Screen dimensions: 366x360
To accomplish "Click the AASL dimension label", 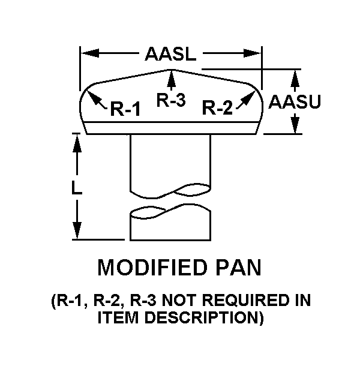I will tap(170, 55).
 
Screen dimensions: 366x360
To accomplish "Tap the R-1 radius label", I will tap(125, 109).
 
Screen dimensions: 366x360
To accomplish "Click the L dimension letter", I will tap(76, 188).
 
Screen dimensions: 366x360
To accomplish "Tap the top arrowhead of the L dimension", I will tap(77, 143).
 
